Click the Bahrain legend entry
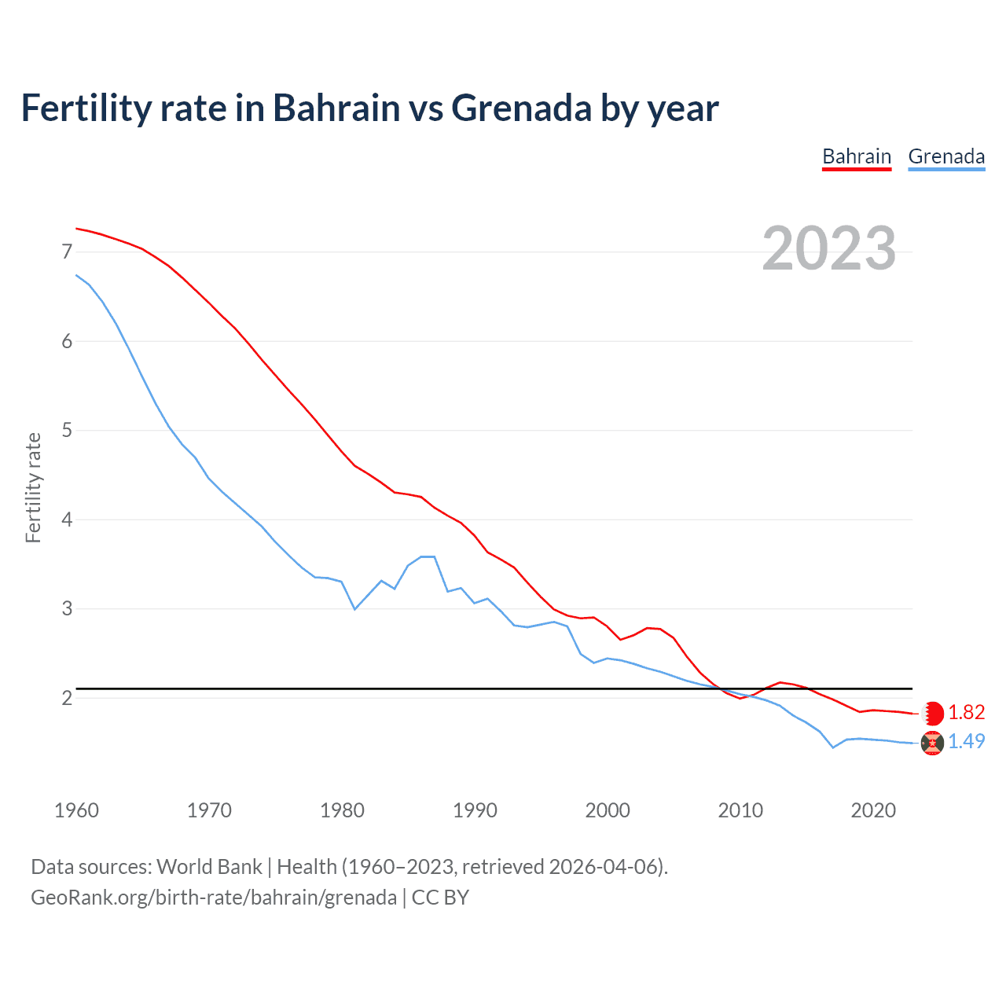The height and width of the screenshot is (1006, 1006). click(x=856, y=157)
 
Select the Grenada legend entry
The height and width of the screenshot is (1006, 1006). click(x=946, y=157)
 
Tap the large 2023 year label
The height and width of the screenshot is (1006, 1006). click(x=828, y=248)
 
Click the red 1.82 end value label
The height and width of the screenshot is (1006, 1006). click(x=966, y=712)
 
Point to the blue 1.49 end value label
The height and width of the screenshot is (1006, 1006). click(x=966, y=741)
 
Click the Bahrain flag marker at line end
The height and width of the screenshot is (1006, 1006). click(x=932, y=713)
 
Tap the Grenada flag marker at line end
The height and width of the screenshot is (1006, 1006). click(x=932, y=743)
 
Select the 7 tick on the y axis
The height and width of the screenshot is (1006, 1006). click(x=67, y=252)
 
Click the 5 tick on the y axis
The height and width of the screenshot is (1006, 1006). click(x=67, y=431)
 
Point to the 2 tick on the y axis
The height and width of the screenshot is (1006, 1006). click(x=67, y=698)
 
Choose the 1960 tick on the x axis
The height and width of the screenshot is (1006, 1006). click(x=76, y=810)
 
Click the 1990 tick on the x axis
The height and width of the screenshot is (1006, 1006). click(x=475, y=810)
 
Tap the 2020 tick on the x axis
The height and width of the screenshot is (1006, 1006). click(x=873, y=810)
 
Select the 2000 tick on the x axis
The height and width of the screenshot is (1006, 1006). click(x=608, y=810)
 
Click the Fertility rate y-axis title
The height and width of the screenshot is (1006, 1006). click(x=33, y=487)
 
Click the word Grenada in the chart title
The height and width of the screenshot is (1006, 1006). click(x=521, y=108)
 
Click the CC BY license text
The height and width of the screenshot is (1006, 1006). click(x=440, y=898)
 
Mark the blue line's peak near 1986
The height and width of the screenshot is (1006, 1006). click(x=428, y=556)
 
